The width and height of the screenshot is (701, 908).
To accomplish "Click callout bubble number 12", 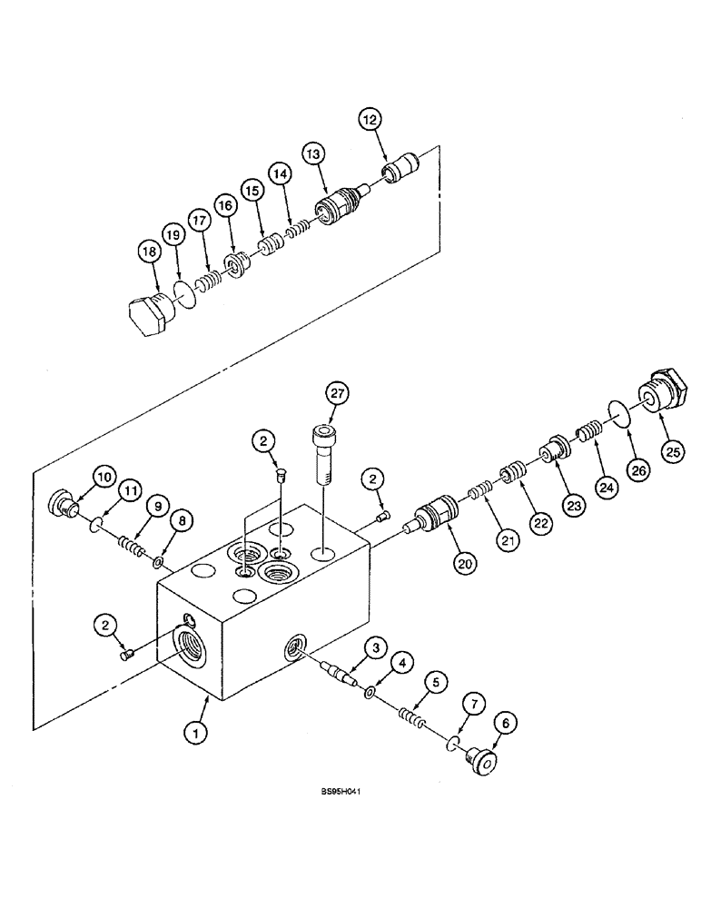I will point(370,119).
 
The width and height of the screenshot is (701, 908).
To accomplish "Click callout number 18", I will point(150,250).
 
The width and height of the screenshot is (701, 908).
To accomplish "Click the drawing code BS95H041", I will point(348,792).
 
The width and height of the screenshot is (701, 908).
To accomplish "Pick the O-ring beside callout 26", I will point(620,419).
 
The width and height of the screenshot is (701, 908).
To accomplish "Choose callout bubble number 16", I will point(226,207).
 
